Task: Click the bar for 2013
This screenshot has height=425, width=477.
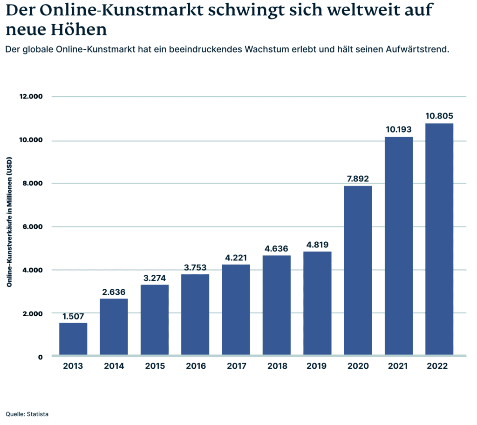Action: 73,339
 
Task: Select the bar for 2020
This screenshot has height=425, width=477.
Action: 358,271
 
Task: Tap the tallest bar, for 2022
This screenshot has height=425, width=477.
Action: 439,239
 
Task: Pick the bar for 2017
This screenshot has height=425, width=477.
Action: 236,310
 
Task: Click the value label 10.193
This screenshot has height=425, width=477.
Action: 399,129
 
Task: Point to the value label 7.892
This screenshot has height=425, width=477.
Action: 358,179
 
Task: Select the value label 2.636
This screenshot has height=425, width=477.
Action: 114,292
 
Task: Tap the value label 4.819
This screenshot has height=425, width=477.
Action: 317,245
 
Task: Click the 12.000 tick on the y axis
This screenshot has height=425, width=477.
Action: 31,97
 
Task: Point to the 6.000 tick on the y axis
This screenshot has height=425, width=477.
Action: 33,227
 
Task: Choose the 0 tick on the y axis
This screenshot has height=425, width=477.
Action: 41,357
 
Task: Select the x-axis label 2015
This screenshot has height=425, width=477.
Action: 155,366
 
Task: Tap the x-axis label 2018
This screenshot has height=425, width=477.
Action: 277,366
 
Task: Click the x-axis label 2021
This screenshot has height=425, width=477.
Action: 399,366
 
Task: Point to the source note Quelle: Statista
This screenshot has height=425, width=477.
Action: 27,414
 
